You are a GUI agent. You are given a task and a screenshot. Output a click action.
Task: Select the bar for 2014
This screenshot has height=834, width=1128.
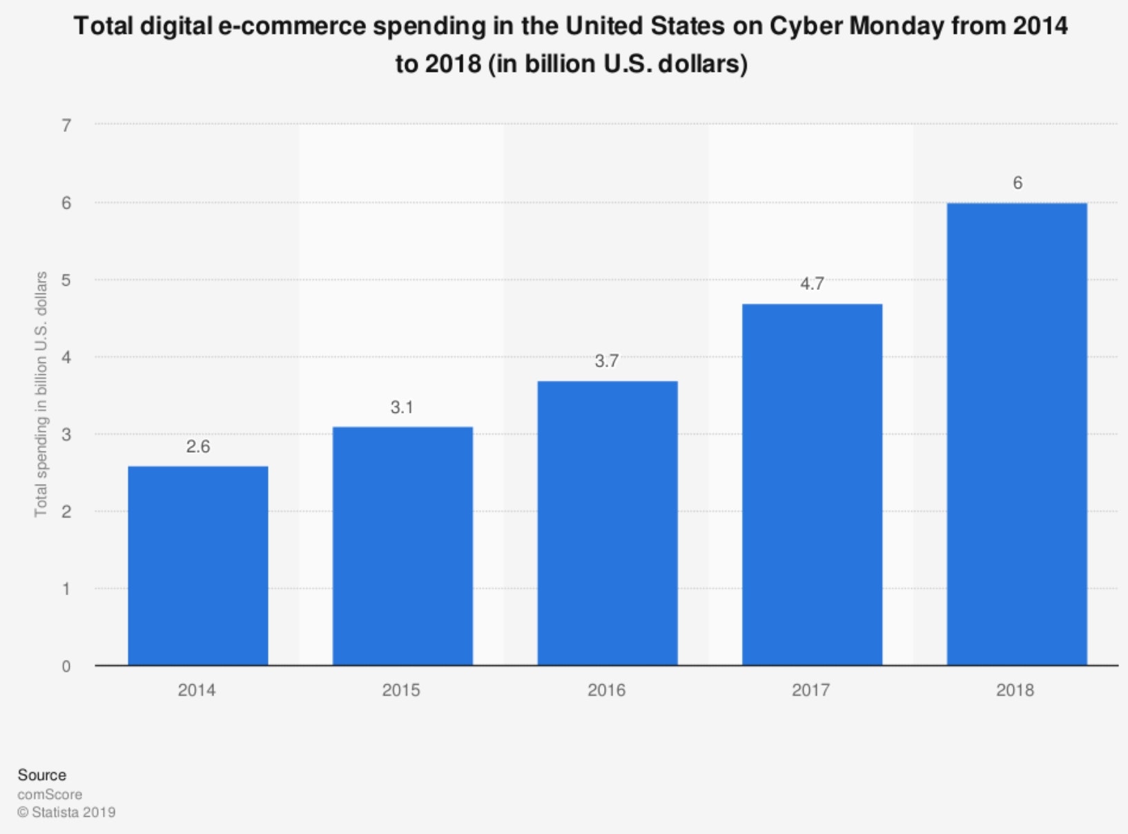[x=198, y=565]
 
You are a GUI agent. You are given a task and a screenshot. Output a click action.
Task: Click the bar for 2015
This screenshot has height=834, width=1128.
[x=402, y=546]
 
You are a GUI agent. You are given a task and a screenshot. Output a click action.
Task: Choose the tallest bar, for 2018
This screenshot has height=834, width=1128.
[x=1017, y=434]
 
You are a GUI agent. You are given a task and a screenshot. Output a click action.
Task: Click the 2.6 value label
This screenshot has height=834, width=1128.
[x=198, y=447]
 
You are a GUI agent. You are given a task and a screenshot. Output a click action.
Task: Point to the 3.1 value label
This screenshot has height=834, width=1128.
[x=402, y=407]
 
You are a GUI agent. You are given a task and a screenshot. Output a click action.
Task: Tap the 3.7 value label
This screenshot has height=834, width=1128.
[x=607, y=361]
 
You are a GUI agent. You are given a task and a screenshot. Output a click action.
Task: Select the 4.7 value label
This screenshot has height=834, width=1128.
[x=812, y=284]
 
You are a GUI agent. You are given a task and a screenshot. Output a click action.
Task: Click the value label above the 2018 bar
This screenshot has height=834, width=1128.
[x=1017, y=183]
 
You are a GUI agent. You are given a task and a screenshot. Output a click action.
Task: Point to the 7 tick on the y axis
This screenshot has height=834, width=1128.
[x=66, y=126]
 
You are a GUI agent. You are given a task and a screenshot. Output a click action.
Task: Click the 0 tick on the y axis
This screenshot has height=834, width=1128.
[x=66, y=666]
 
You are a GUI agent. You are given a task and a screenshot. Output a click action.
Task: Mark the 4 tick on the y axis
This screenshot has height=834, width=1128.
[x=66, y=358]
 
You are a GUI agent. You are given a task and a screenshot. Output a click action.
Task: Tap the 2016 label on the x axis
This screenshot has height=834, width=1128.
[x=607, y=690]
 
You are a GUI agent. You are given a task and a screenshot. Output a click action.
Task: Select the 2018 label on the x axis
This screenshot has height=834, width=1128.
[x=1015, y=690]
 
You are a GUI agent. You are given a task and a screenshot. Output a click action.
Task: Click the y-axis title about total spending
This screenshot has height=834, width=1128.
[x=41, y=394]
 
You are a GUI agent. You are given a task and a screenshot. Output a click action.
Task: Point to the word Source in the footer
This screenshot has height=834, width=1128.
[x=42, y=775]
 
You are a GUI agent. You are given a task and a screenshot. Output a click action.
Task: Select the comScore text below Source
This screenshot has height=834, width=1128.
[x=50, y=794]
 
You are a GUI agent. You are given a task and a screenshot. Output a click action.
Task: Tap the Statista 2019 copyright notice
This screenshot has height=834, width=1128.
[x=67, y=813]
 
